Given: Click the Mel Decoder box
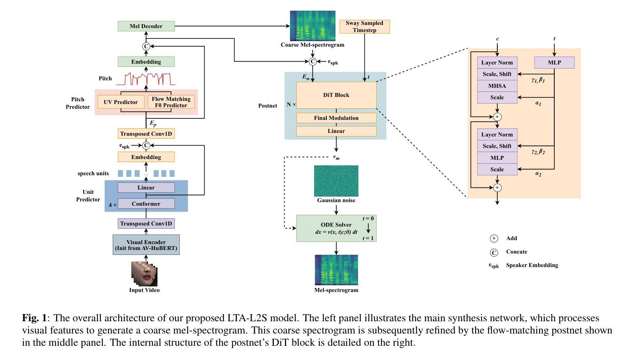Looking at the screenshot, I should [x=146, y=26].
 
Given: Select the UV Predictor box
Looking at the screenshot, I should [x=121, y=102].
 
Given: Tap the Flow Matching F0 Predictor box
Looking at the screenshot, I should [x=171, y=102].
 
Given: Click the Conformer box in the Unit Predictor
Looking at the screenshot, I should [x=146, y=204].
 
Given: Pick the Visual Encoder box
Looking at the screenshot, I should [x=146, y=245].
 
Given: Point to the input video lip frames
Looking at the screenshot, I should [x=144, y=274].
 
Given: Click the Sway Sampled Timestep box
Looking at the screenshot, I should [x=364, y=27].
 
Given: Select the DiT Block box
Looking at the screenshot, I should [x=336, y=95].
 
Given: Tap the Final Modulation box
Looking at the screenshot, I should [x=336, y=118].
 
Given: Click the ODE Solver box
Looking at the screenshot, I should [x=336, y=228].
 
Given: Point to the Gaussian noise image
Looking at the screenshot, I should [x=336, y=181].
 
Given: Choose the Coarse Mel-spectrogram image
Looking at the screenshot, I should [x=313, y=26].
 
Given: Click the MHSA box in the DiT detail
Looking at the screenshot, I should [x=497, y=86].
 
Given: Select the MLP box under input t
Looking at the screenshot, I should [x=554, y=63].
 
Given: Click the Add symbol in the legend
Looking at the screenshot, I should [x=494, y=238].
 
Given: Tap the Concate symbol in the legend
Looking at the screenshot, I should [x=494, y=252].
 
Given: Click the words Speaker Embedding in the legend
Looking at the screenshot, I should [x=532, y=265].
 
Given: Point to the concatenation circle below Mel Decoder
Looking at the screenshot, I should [x=146, y=46].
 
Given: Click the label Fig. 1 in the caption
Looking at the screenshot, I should [x=34, y=318].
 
